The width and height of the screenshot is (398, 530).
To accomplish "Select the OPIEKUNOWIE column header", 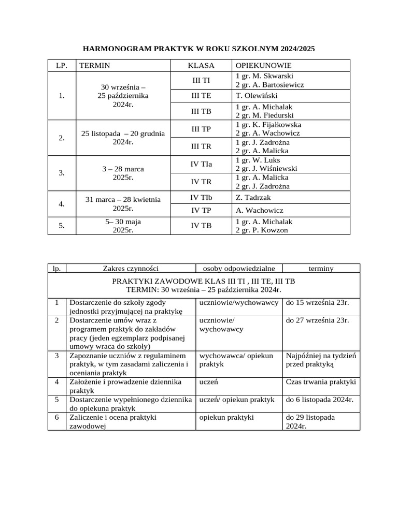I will pos(263,66).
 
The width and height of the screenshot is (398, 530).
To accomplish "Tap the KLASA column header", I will pos(201,66).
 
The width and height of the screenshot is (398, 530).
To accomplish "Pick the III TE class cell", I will pos(201,96).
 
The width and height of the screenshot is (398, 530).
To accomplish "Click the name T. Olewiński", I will pos(257,96).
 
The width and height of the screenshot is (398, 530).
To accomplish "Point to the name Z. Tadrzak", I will pos(253,198).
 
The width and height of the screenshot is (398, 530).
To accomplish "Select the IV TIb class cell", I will pos(201,198).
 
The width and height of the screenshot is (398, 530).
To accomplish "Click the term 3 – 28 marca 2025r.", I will pos(123,173).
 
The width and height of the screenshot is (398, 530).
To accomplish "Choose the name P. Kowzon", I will pos(275,230).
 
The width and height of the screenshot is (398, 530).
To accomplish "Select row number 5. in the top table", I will pos(62,226).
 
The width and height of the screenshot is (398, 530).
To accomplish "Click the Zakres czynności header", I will pos(131,268).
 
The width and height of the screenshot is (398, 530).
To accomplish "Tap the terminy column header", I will pos(321,268).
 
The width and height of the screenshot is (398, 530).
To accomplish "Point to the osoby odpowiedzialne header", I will pos(239,268).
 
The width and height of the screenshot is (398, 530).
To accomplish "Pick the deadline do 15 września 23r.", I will pos(318,302).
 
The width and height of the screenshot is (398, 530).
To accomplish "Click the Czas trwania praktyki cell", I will pos(321,382).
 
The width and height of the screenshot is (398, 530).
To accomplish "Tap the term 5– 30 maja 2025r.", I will pos(123,226).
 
